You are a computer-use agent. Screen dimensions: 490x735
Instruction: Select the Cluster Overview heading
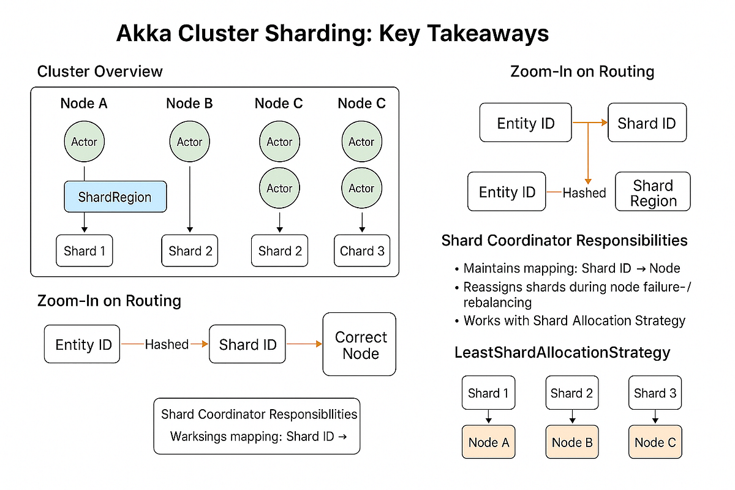100,71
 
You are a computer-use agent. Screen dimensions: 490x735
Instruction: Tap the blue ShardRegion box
115,197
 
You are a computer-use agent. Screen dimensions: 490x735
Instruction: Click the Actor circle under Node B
189,141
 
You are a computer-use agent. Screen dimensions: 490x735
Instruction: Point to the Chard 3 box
362,251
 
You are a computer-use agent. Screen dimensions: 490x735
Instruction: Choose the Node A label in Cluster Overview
84,104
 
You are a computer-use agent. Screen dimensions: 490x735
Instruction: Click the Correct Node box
360,345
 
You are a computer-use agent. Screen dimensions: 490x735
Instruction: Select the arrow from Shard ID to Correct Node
304,345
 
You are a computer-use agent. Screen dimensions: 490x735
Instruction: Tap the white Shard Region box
653,193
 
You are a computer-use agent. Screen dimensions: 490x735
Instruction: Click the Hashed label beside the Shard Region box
584,193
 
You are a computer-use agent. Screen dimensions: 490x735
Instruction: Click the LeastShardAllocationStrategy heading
562,353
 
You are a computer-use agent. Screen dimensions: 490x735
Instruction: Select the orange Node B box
572,442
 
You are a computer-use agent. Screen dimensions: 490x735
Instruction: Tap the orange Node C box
655,442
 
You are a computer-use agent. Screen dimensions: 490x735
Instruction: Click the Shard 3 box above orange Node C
655,393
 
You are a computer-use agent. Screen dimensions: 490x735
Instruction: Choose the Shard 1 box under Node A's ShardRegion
84,251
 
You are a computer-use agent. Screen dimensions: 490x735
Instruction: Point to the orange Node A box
489,442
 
